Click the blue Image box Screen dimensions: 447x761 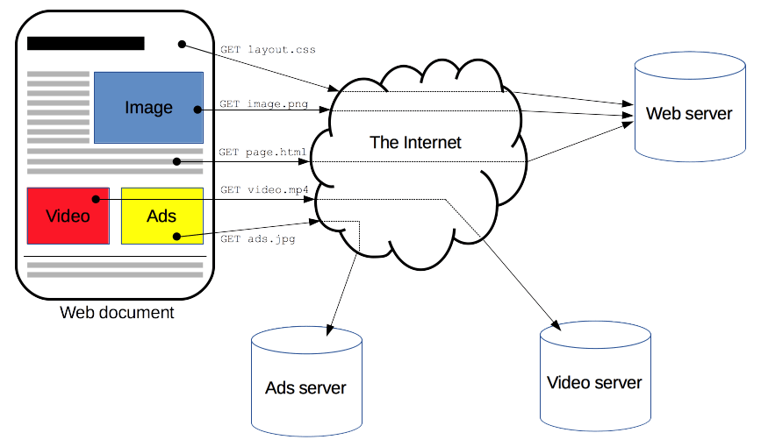tap(148, 107)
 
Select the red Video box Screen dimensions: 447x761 tap(68, 216)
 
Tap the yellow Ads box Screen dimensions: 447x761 tap(162, 216)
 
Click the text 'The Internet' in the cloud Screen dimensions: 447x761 tap(415, 142)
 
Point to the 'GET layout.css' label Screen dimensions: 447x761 tap(267, 50)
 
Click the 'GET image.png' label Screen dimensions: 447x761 tap(263, 104)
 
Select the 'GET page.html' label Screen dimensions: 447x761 tap(262, 152)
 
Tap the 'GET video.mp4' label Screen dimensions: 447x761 tap(264, 189)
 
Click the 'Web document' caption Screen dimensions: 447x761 tap(117, 313)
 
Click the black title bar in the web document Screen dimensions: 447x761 tap(86, 43)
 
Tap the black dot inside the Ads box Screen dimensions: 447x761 tap(177, 236)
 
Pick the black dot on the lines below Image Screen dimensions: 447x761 tap(177, 161)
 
